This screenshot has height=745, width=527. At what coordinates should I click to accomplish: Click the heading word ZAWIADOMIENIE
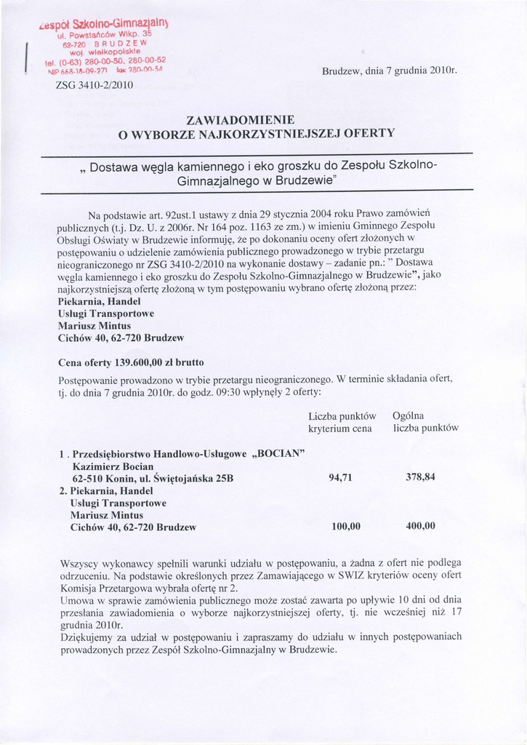tap(241, 119)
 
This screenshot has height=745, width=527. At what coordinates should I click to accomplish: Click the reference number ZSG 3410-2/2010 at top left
tap(94, 85)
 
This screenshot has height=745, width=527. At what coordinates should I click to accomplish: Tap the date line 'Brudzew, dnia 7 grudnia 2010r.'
tap(389, 71)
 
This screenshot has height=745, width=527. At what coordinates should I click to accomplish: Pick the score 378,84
tap(420, 477)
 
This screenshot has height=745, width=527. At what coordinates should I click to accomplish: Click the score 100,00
tap(346, 527)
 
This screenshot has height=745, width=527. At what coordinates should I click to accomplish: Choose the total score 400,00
tap(420, 526)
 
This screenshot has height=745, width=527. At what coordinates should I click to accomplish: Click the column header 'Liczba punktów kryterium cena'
tap(342, 423)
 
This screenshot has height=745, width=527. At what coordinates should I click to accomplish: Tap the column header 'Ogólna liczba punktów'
tap(425, 422)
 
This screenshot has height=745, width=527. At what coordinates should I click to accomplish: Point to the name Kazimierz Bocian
tap(113, 466)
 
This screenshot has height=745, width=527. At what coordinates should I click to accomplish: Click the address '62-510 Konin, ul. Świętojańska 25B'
tap(153, 479)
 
